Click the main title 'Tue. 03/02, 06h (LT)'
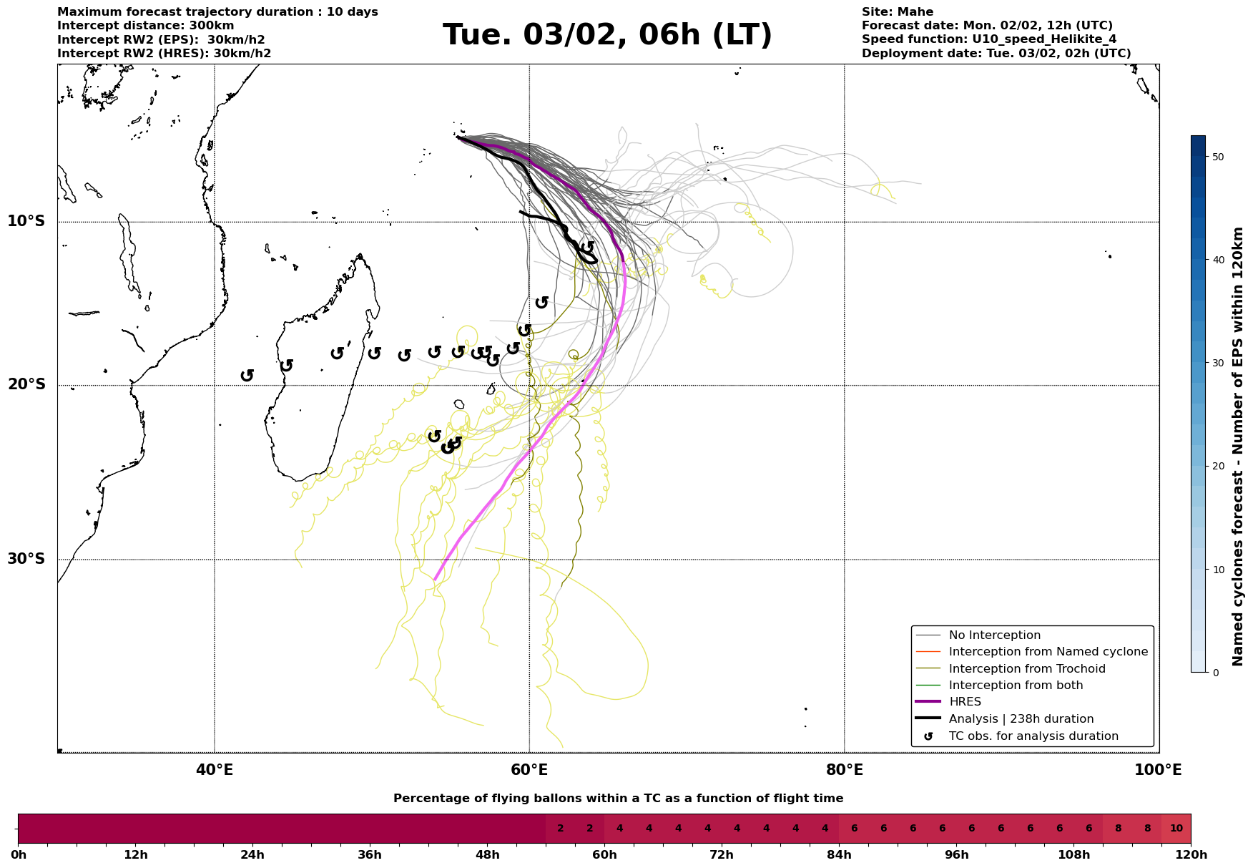(607, 35)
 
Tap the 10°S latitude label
(26, 221)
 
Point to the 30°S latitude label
(26, 559)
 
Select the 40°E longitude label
(215, 771)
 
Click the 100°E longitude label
(1158, 771)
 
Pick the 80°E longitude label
(844, 771)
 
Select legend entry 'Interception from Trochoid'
(1026, 669)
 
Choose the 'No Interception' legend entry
(994, 635)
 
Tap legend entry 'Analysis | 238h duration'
(1021, 719)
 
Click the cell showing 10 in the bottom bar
(1176, 829)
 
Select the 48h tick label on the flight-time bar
(487, 855)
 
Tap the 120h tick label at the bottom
(1190, 855)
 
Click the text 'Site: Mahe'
(897, 12)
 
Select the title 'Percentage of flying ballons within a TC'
(618, 799)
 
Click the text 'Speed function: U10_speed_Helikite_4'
(988, 39)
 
